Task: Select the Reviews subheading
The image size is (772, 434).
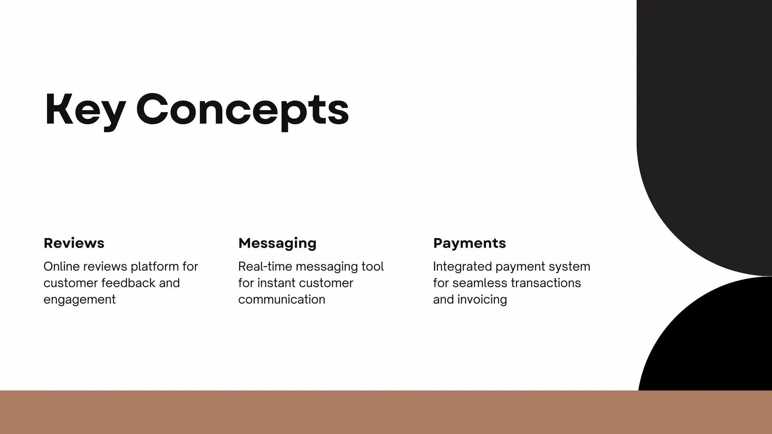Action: (74, 243)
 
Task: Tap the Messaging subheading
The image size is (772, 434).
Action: (277, 243)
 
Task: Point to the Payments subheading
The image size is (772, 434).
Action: (469, 243)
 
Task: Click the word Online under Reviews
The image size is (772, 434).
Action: (61, 267)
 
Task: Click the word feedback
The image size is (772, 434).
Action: (128, 283)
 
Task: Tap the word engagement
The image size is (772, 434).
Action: (80, 300)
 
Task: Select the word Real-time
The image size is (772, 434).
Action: (265, 267)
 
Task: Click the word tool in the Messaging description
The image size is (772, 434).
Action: (372, 267)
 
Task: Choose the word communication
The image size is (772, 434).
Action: (282, 300)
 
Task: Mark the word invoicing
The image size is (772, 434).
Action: (482, 300)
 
